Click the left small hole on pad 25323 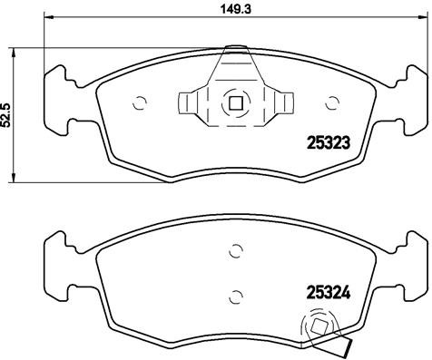[x=140, y=103]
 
